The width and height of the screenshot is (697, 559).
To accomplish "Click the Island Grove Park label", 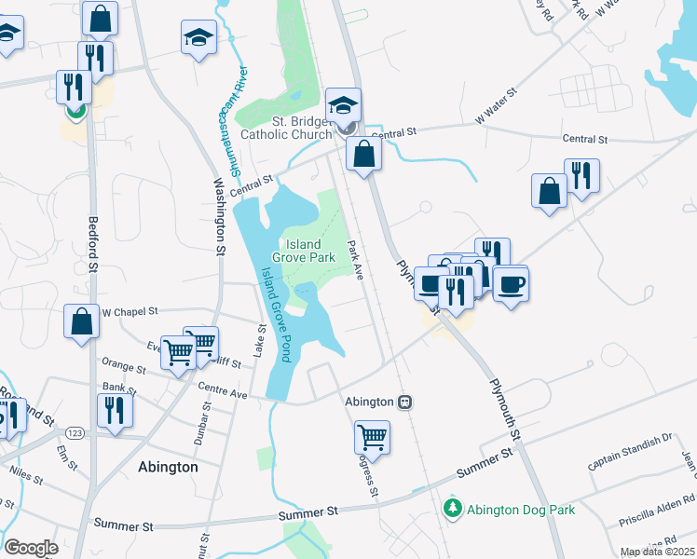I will [303, 251].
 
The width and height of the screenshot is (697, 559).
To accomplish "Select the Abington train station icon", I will [405, 402].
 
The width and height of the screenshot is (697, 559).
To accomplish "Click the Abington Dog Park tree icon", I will [452, 509].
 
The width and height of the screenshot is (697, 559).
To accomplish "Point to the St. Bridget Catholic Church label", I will [286, 128].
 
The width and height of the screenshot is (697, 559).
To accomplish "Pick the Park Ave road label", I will [355, 259].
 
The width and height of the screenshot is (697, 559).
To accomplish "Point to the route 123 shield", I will [74, 432].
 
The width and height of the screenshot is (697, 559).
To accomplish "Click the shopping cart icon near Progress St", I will [372, 435].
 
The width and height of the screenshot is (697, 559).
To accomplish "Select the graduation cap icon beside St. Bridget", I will [343, 103].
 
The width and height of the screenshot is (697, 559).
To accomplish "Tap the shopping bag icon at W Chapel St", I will [82, 320].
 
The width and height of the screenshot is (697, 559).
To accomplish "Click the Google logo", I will [32, 548].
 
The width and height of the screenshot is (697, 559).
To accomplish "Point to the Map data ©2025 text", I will [657, 552].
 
